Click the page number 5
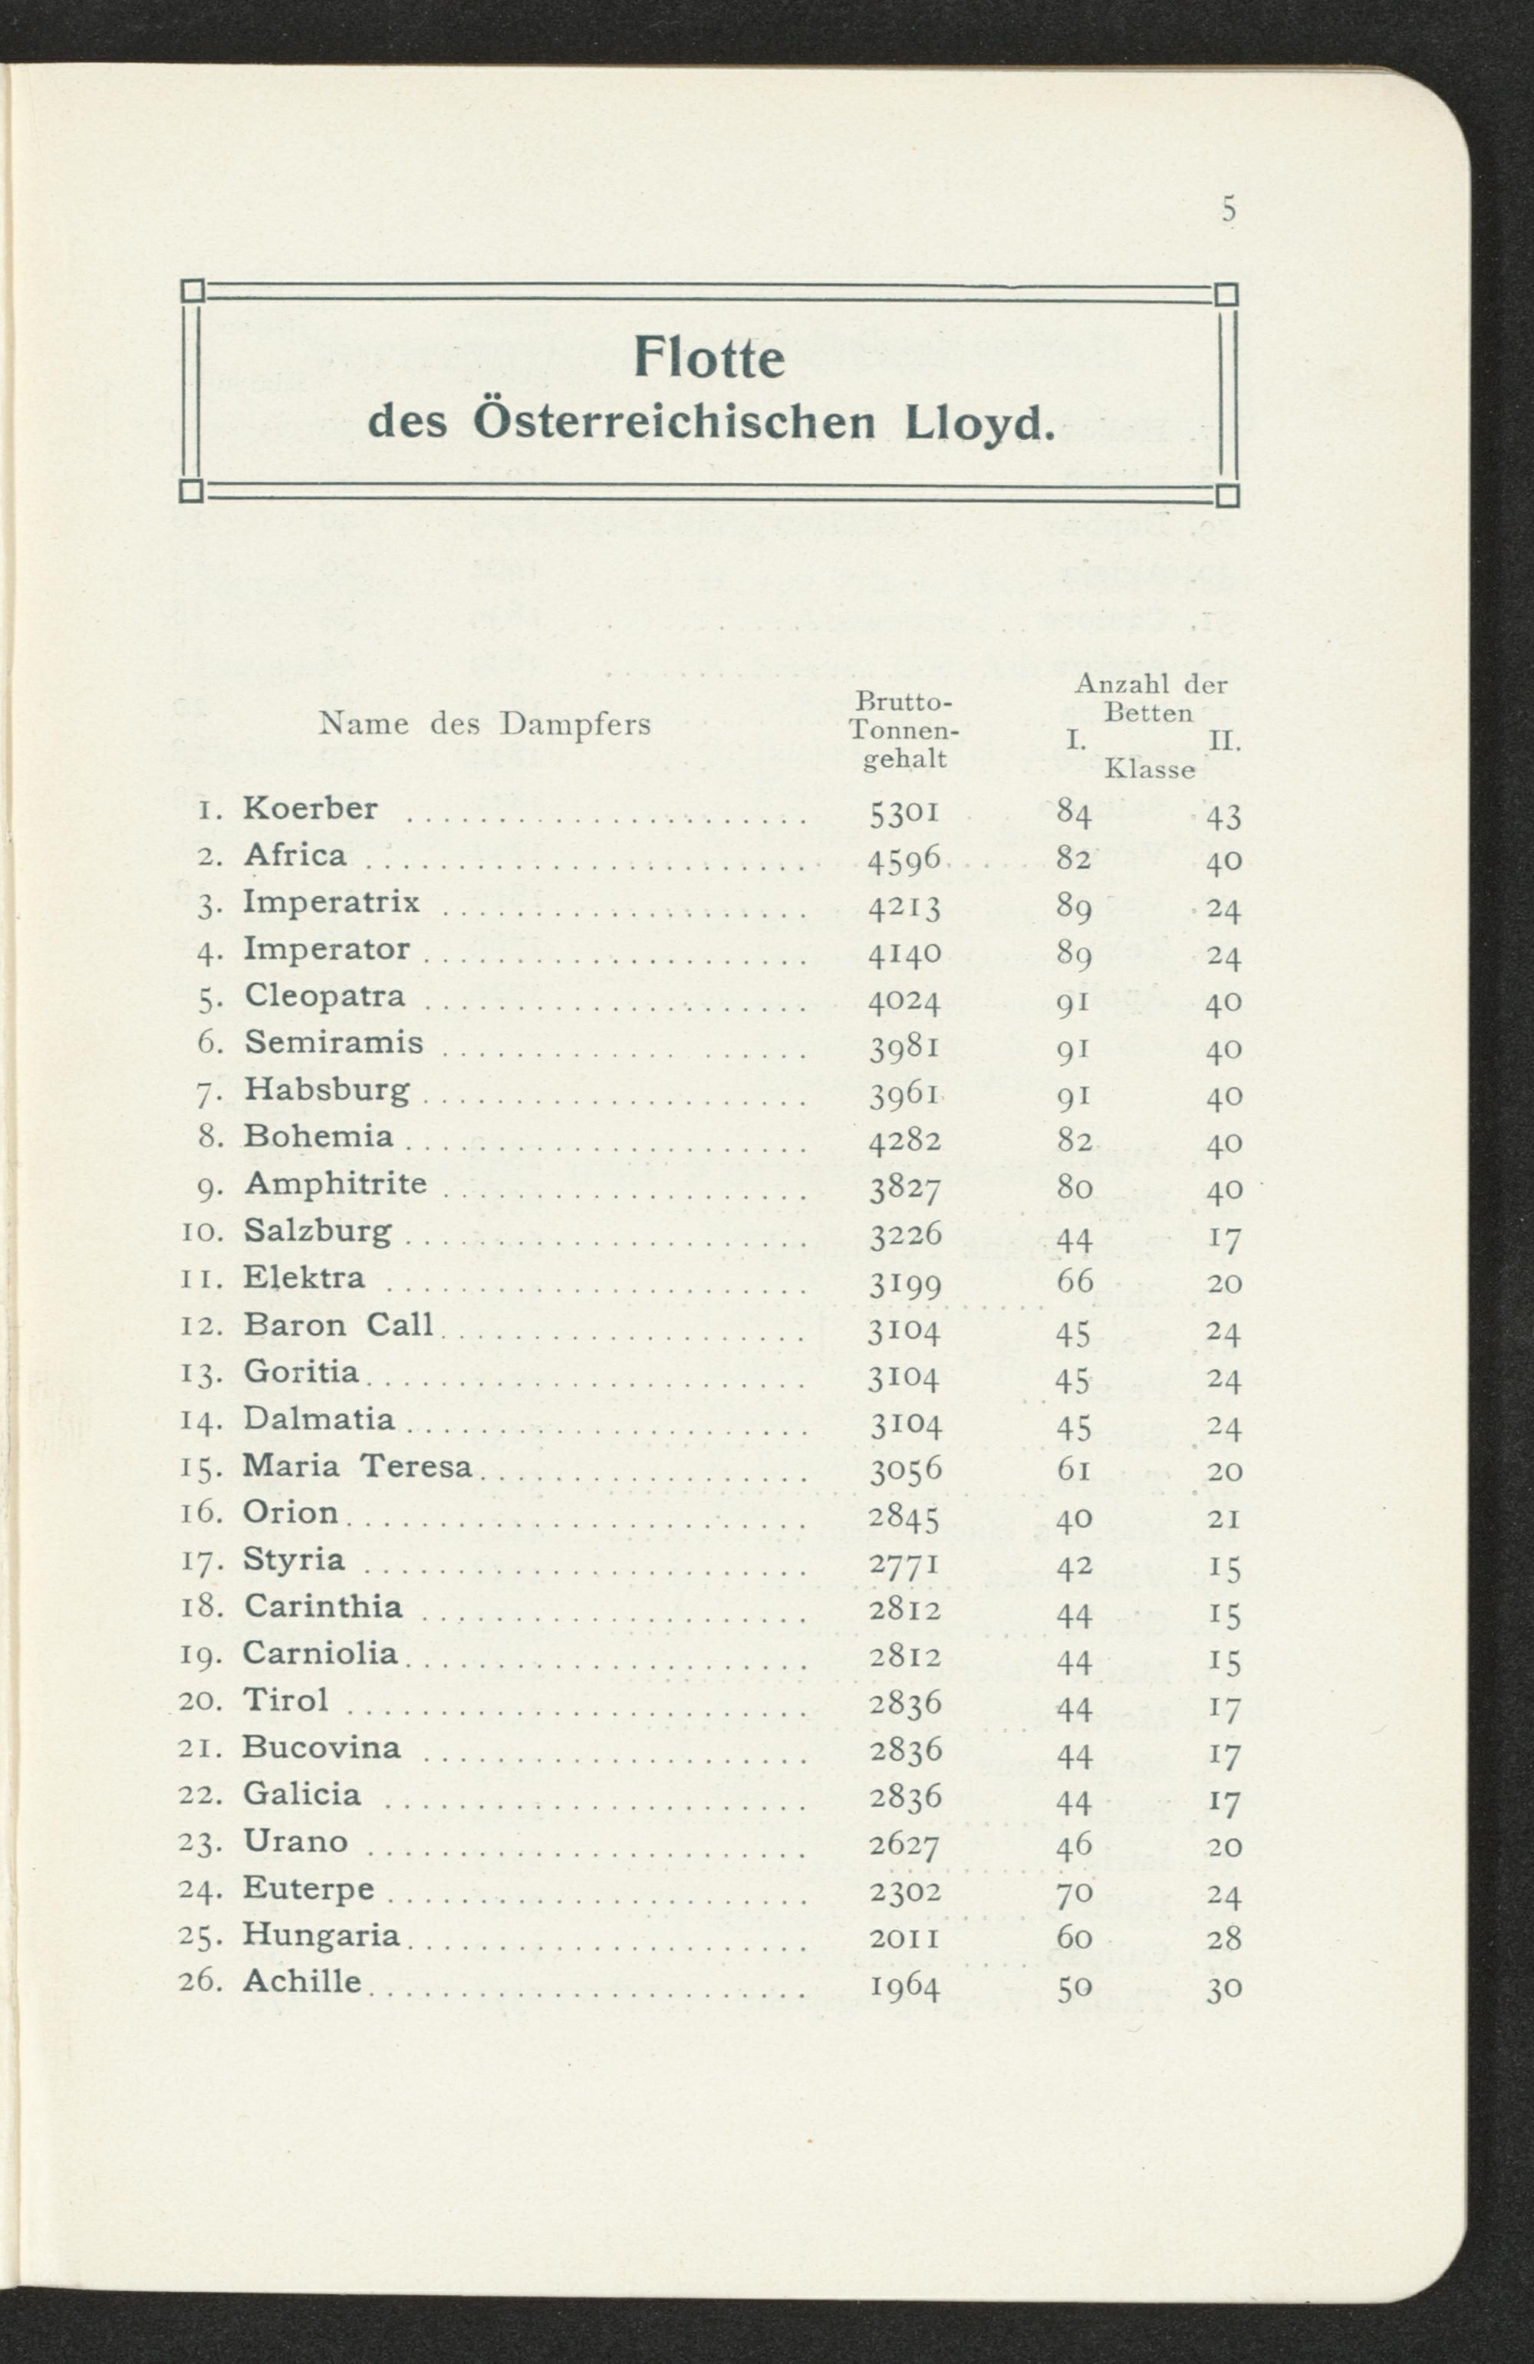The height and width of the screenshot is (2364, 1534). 1229,211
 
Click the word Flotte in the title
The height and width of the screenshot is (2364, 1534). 709,357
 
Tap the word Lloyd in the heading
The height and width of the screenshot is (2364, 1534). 978,424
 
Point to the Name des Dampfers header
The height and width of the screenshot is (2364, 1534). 485,724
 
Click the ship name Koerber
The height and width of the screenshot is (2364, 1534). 311,808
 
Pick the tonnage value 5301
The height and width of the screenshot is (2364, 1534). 904,815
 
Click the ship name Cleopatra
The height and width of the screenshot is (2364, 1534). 325,996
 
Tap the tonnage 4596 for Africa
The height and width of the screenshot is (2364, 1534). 904,861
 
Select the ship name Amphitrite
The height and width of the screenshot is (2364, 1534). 336,1183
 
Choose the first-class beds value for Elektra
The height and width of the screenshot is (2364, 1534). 1075,1280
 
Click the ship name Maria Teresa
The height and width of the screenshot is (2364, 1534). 357,1465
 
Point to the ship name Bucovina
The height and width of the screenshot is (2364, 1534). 322,1747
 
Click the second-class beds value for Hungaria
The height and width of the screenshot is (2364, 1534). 1224,1939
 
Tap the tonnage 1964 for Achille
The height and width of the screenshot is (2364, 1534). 904,1987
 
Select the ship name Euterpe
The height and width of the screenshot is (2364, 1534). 309,1888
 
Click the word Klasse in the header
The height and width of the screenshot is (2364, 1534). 1150,770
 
